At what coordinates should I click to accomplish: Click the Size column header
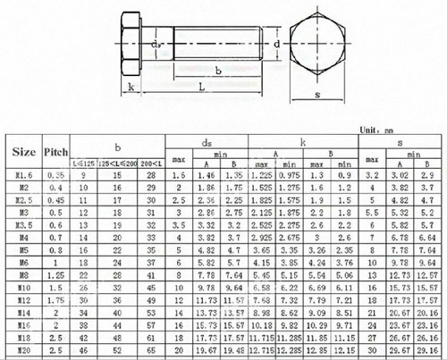point(24,153)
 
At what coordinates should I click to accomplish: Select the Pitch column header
point(56,153)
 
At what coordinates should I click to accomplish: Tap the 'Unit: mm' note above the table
point(394,130)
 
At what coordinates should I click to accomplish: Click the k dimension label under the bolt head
point(131,88)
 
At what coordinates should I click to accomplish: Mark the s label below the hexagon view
point(318,93)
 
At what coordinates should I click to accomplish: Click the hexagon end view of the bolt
point(318,42)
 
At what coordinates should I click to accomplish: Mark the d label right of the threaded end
point(277,43)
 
